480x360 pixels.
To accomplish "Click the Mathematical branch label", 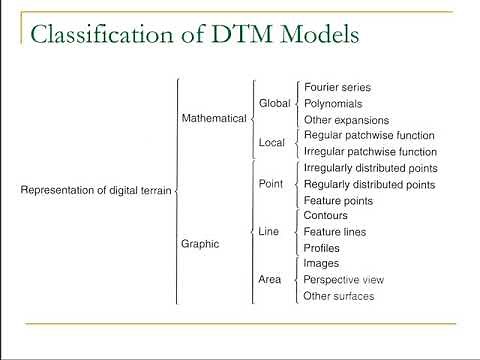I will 213,118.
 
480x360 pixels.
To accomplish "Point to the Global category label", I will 274,103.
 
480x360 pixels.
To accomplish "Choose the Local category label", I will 272,143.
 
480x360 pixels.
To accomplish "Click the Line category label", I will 269,231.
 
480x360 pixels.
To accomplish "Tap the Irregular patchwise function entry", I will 369,150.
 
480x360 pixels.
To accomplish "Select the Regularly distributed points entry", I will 369,184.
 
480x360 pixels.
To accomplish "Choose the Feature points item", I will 337,200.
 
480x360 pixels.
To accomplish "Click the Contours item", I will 326,215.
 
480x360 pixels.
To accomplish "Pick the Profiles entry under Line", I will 321,247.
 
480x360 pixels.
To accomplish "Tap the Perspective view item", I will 343,280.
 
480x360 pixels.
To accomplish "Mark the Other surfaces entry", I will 339,296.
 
